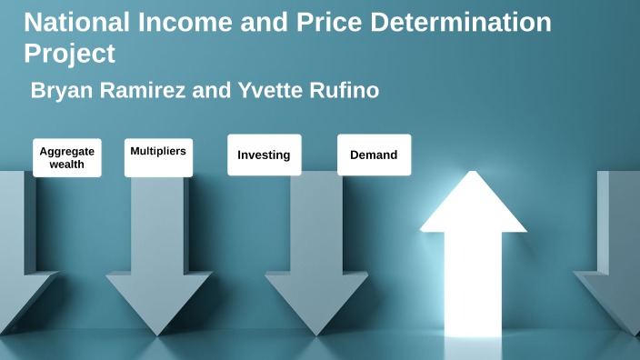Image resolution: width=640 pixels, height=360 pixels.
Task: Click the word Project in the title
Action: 69,54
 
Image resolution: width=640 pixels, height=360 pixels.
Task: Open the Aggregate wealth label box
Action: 67,157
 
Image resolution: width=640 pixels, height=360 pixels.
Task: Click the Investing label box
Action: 264,155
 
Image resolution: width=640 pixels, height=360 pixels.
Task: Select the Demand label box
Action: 374,155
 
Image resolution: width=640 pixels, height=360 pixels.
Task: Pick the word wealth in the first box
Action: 67,165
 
